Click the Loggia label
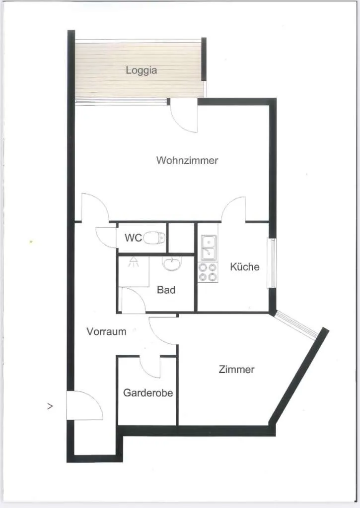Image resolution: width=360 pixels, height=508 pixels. pyautogui.click(x=142, y=70)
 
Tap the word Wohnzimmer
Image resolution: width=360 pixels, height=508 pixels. pyautogui.click(x=187, y=160)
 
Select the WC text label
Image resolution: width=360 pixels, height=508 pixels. pyautogui.click(x=133, y=238)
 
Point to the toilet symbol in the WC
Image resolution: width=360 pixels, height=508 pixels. pyautogui.click(x=154, y=238)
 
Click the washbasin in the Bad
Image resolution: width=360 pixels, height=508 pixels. pyautogui.click(x=172, y=264)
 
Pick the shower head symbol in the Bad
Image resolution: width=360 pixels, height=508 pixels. pyautogui.click(x=134, y=262)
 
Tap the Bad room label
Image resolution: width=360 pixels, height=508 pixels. pyautogui.click(x=166, y=290)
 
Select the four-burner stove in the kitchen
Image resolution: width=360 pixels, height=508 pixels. pyautogui.click(x=208, y=272)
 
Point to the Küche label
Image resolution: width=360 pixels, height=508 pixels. pyautogui.click(x=244, y=266)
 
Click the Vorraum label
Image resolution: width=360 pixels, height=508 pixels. pyautogui.click(x=106, y=331)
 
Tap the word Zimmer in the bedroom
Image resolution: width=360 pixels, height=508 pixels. pyautogui.click(x=236, y=369)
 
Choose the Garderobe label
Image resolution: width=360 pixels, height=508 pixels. pyautogui.click(x=148, y=393)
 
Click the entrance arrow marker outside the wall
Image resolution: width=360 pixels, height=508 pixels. pyautogui.click(x=50, y=406)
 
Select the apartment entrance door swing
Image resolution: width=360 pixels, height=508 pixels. pyautogui.click(x=85, y=405)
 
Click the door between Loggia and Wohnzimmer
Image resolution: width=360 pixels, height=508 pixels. pyautogui.click(x=184, y=115)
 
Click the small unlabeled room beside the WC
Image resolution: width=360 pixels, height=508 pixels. pyautogui.click(x=181, y=238)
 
